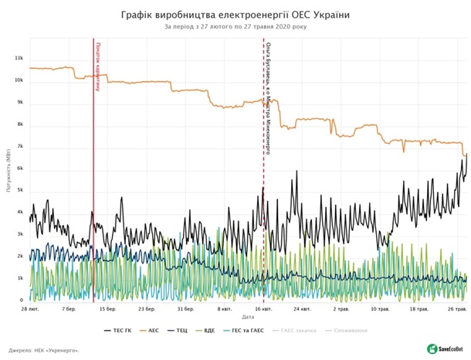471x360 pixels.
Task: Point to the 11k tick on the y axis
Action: (21, 59)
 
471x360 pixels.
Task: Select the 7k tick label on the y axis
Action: (21, 147)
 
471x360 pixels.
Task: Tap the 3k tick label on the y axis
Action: (21, 234)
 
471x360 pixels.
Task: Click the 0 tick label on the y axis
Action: (22, 300)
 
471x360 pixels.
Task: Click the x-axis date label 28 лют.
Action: (32, 309)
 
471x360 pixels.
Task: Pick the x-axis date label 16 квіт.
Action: (263, 309)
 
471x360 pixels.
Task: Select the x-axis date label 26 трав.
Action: (456, 309)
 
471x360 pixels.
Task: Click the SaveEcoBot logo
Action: (446, 348)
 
